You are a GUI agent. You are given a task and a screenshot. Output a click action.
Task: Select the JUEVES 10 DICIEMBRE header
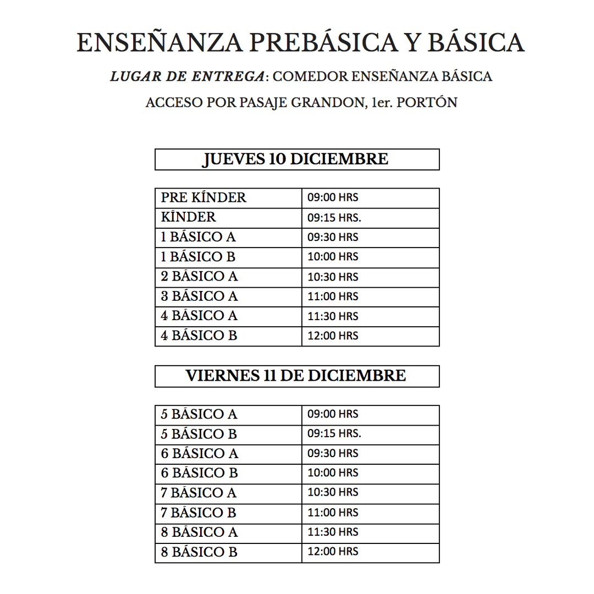(x=296, y=159)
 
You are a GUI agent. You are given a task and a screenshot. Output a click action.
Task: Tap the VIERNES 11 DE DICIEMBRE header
(x=296, y=376)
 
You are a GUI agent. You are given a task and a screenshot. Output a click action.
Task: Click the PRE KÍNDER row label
(x=204, y=197)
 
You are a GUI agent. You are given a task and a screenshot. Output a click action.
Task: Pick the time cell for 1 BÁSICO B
(x=333, y=257)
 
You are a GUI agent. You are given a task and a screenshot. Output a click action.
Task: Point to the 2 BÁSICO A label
(x=199, y=277)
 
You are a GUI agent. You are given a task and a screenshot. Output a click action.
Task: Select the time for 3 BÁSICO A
(x=333, y=296)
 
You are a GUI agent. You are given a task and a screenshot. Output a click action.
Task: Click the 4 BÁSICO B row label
(x=199, y=335)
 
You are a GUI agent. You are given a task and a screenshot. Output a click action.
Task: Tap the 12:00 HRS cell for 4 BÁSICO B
(x=333, y=335)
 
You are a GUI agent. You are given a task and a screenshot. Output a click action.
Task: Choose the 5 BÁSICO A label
(x=199, y=414)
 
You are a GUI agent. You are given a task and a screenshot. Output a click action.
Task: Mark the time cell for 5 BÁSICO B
(x=334, y=433)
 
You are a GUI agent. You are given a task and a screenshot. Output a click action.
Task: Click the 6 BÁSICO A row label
(x=199, y=453)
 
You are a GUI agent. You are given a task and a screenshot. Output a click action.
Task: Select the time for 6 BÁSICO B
(x=333, y=473)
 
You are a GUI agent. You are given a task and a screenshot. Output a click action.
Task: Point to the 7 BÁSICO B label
(x=199, y=513)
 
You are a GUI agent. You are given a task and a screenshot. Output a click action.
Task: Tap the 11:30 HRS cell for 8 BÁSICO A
(x=333, y=532)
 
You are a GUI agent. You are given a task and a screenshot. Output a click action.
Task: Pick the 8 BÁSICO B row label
(x=199, y=552)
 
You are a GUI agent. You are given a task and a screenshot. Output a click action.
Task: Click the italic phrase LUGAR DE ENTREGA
(x=187, y=76)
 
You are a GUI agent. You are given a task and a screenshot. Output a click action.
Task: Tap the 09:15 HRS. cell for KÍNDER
(x=334, y=218)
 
